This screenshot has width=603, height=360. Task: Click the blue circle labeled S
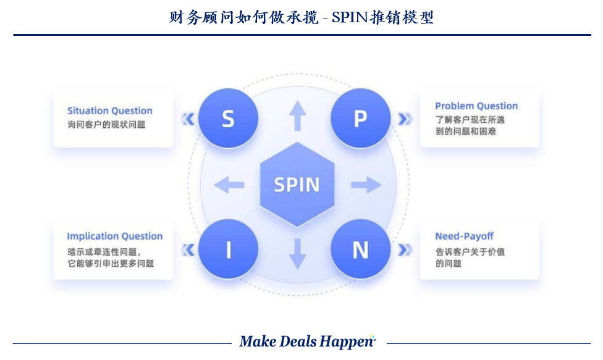[x=228, y=119]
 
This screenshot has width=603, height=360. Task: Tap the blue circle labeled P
[x=360, y=119]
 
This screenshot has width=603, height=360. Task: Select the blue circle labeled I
[x=228, y=249]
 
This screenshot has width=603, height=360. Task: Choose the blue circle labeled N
[x=360, y=249]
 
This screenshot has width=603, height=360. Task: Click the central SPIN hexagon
[x=297, y=184]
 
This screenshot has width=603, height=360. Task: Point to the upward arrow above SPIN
[x=298, y=116]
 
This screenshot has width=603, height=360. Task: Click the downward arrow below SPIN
[x=298, y=253]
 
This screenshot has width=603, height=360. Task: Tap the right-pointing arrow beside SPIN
[x=366, y=184]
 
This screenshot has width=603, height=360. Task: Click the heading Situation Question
[x=109, y=111]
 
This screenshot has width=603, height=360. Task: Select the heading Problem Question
[x=476, y=106]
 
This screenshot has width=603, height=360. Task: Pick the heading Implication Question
[x=114, y=236]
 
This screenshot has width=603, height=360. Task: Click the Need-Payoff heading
[x=464, y=236]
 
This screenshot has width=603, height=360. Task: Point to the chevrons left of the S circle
[x=188, y=119]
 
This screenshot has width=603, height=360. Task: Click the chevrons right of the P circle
[x=405, y=119]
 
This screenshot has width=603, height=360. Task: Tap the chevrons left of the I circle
[x=188, y=249]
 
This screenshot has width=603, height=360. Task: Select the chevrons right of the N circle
[x=405, y=249]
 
